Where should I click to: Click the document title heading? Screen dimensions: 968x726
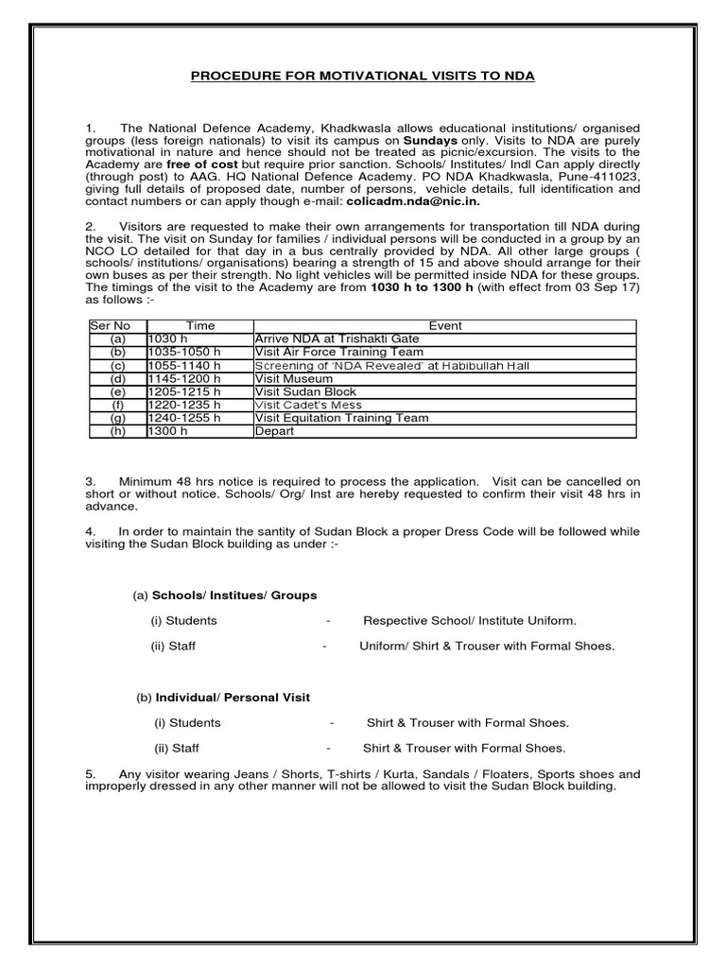[362, 76]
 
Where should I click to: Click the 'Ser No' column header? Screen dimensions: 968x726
[108, 325]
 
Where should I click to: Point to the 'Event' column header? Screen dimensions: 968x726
[444, 325]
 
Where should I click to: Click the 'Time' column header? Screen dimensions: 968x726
[199, 325]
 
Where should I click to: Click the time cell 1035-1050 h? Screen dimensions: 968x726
[184, 352]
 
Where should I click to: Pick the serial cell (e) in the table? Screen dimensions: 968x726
[117, 391]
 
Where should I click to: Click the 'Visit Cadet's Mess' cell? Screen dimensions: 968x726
[307, 405]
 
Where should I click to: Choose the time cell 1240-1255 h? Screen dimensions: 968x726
[184, 418]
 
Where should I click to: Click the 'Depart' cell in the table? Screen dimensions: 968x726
[275, 431]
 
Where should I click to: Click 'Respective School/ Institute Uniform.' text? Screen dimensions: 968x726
[470, 621]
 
